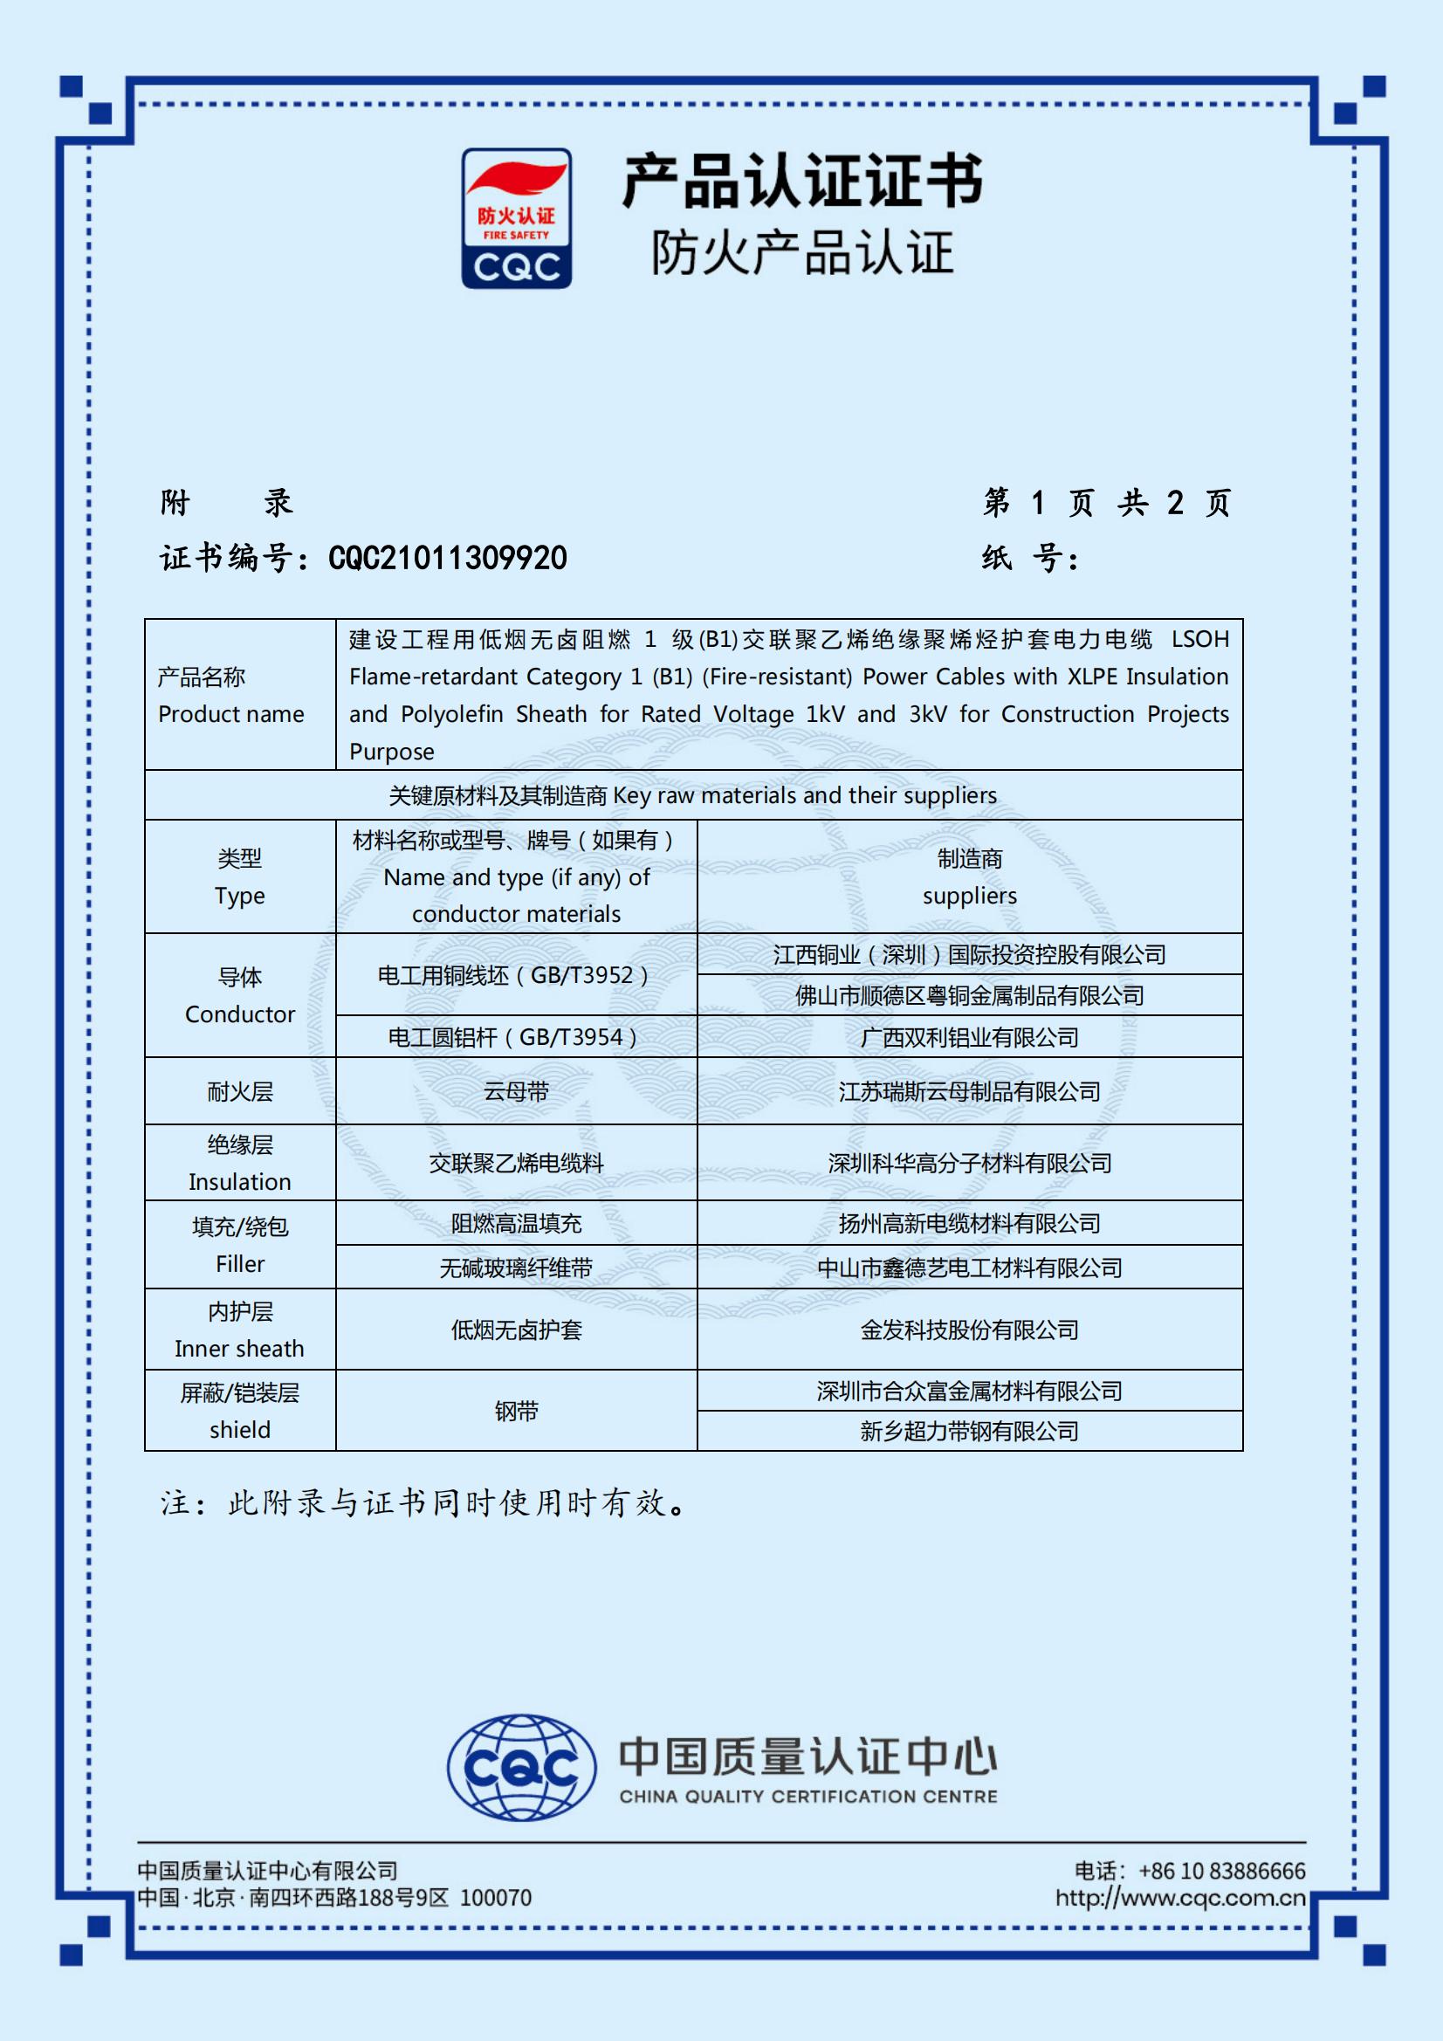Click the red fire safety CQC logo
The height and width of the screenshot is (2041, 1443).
[x=516, y=217]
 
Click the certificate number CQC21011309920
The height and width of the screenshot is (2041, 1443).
[x=447, y=558]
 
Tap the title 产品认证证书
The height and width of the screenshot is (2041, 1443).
[x=802, y=182]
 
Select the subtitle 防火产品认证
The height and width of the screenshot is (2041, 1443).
[x=802, y=252]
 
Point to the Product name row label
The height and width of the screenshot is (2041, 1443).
[x=231, y=695]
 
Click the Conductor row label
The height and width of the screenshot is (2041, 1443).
[x=240, y=995]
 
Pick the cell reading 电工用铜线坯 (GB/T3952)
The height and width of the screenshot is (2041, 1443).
[x=516, y=975]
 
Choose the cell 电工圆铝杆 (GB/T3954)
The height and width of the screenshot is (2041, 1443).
[x=516, y=1037]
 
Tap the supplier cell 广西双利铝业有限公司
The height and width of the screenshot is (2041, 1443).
[x=969, y=1037]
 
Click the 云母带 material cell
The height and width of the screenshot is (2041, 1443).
[x=516, y=1091]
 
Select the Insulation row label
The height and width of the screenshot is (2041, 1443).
[x=240, y=1163]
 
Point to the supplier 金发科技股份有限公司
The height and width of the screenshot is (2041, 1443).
[x=969, y=1330]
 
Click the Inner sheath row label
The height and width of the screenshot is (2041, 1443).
[x=240, y=1330]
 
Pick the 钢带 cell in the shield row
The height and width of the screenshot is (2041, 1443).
[x=516, y=1411]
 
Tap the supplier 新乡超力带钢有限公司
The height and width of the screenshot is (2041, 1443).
[x=969, y=1431]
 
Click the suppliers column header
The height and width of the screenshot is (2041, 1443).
[x=969, y=877]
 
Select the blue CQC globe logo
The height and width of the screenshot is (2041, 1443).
[x=521, y=1767]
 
